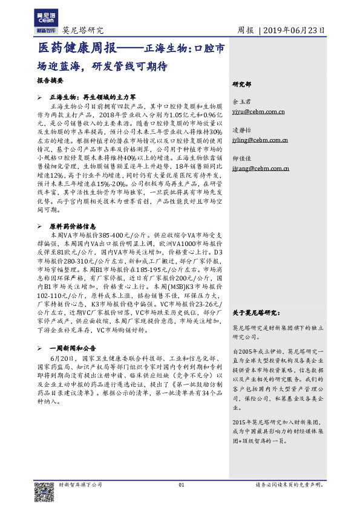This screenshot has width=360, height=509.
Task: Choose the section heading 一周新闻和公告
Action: click(73, 332)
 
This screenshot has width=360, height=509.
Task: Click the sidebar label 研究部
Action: click(242, 84)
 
